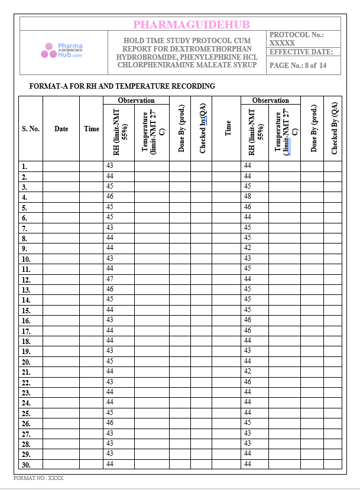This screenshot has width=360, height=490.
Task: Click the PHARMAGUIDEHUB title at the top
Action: (x=191, y=24)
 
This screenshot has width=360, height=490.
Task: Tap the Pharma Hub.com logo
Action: (x=61, y=50)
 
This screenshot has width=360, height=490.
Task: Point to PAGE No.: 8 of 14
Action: (x=297, y=66)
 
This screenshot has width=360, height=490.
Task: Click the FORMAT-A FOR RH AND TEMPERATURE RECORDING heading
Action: (x=122, y=86)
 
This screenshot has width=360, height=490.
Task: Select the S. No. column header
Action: (x=31, y=129)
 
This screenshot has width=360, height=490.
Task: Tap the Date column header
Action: (x=61, y=129)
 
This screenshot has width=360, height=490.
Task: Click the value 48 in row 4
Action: (x=248, y=196)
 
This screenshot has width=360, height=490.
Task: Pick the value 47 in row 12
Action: (x=110, y=278)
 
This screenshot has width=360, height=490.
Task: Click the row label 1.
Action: (x=24, y=167)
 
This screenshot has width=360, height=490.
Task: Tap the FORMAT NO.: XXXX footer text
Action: (x=38, y=478)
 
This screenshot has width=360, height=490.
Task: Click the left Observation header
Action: (x=136, y=100)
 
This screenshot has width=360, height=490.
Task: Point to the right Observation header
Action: (x=271, y=100)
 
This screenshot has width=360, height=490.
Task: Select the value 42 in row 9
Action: (x=248, y=248)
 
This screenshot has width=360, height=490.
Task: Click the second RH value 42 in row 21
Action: (x=248, y=371)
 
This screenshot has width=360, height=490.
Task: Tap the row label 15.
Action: (x=26, y=310)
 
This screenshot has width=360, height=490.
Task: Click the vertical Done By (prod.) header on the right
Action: (x=313, y=129)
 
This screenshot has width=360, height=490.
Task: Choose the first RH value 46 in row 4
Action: (x=110, y=196)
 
